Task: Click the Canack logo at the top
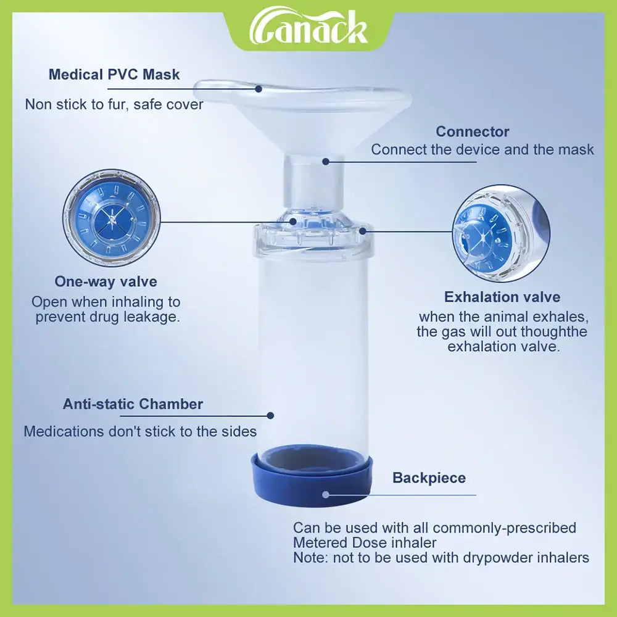308,28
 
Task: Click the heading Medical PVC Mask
114,75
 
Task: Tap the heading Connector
472,131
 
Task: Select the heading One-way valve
106,281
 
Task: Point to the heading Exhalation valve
502,297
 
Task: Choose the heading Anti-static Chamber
133,404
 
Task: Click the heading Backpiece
429,478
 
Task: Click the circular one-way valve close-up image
112,218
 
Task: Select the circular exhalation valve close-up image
501,233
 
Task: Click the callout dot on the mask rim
259,89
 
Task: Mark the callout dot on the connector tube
325,161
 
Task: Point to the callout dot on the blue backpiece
325,495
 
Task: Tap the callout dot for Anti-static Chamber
270,415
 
